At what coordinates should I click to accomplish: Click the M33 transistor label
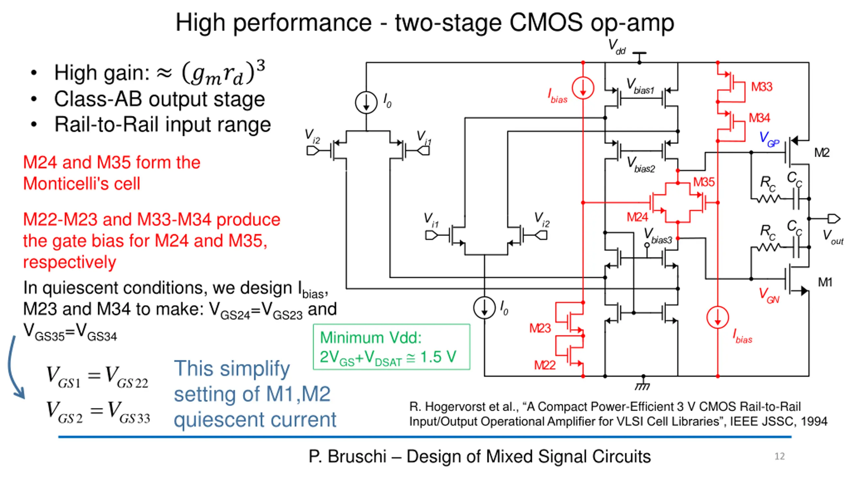pos(762,87)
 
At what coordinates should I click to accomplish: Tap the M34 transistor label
pos(759,118)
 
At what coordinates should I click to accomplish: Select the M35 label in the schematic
pos(704,182)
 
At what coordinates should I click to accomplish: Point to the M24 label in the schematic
pos(637,217)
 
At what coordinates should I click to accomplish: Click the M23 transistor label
pos(540,328)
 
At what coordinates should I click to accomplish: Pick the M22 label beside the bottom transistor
pos(545,365)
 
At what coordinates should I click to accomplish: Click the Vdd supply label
pos(617,47)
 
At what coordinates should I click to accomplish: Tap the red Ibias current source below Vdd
pos(583,88)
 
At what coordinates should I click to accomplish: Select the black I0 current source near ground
pos(484,308)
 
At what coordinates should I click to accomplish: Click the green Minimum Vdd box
pos(391,347)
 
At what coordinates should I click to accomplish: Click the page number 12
pos(780,456)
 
